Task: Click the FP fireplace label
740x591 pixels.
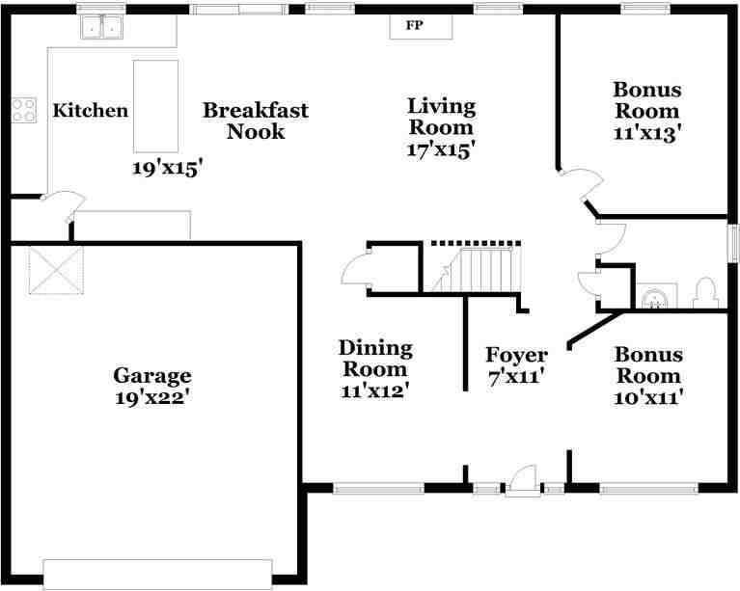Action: [415, 25]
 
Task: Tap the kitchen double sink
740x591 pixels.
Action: [101, 27]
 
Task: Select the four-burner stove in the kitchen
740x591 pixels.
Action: [23, 110]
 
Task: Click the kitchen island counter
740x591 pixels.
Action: [155, 107]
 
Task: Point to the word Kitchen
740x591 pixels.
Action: [90, 110]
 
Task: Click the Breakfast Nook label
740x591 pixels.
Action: [256, 121]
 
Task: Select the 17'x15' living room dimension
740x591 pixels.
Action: [440, 151]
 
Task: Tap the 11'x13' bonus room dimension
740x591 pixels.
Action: [647, 133]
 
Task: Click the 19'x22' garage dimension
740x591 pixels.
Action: [152, 397]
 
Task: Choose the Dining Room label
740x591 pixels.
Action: [375, 359]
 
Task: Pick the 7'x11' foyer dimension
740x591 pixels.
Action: [517, 377]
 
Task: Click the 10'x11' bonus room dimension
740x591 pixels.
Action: [649, 397]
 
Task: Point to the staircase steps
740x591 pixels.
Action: [477, 270]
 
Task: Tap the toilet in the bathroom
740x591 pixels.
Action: [706, 293]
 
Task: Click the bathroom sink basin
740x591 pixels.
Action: [656, 297]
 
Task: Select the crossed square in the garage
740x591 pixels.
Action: [56, 270]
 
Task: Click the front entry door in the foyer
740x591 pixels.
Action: [522, 480]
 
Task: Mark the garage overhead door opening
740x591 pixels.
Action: [157, 574]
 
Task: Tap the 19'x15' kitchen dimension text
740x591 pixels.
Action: [169, 169]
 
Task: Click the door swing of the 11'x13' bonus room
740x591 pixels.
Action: [582, 185]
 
